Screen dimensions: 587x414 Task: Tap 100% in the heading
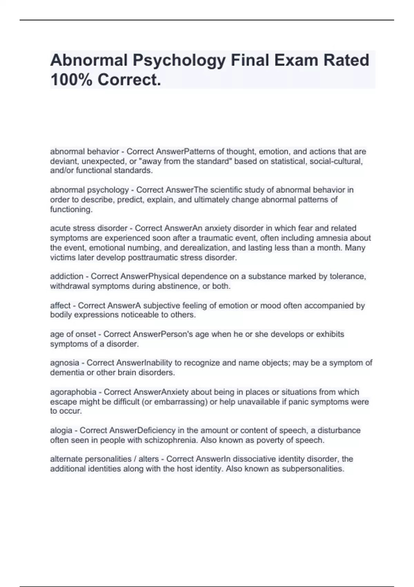(71, 80)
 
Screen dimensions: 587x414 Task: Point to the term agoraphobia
(73, 392)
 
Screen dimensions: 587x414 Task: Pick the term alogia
(61, 430)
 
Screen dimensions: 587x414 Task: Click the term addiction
(67, 276)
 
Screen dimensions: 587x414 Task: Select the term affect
(60, 305)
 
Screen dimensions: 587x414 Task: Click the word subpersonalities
(313, 469)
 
